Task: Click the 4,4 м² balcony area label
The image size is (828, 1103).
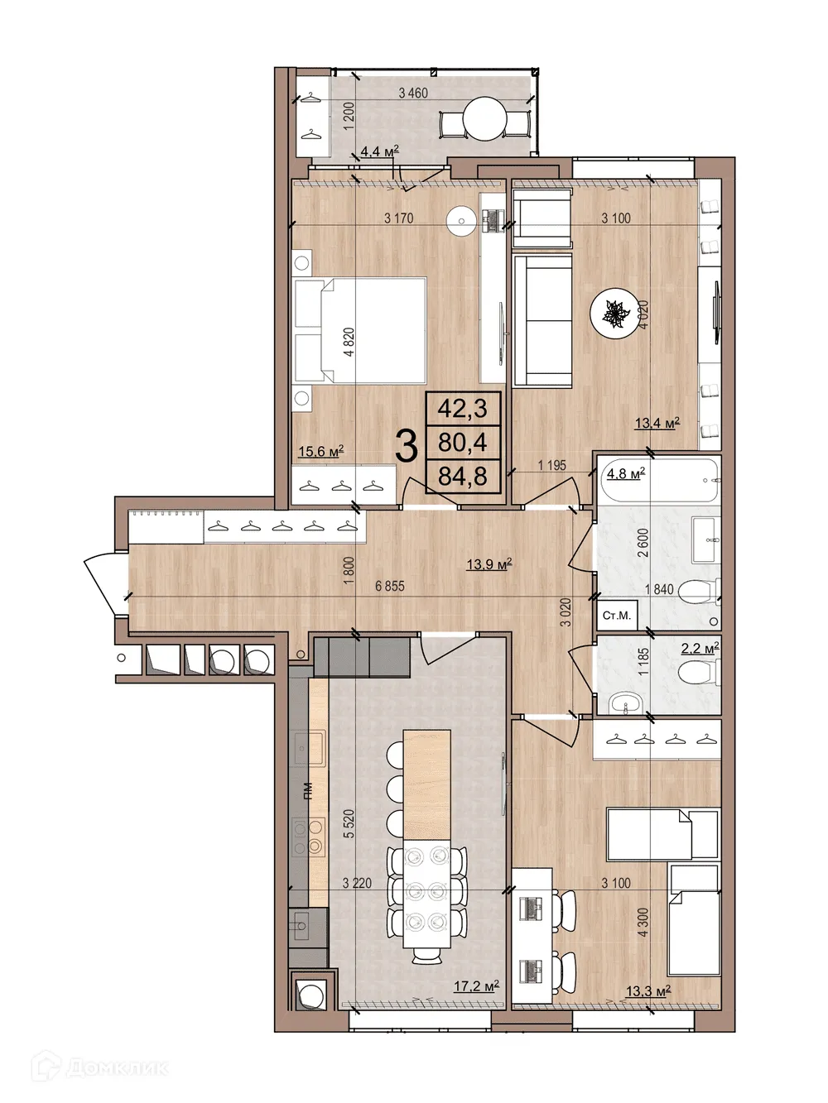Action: click(x=379, y=151)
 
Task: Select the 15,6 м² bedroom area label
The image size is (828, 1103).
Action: click(x=320, y=452)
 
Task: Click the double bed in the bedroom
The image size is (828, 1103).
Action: click(x=361, y=330)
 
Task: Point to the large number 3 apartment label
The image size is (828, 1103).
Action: click(x=406, y=447)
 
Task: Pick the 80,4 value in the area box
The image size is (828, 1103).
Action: click(x=463, y=443)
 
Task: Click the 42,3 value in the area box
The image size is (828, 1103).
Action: click(x=463, y=408)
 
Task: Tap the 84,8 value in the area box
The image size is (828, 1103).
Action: click(x=463, y=477)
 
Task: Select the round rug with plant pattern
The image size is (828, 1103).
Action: click(x=616, y=315)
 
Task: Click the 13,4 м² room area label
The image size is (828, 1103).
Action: click(x=657, y=424)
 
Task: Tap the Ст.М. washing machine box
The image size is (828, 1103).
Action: click(x=617, y=616)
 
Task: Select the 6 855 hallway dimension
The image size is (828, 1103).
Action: click(x=389, y=586)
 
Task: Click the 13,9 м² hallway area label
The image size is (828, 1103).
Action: click(x=489, y=565)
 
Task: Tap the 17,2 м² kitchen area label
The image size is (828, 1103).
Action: click(x=476, y=986)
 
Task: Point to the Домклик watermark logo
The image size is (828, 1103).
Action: click(x=99, y=1067)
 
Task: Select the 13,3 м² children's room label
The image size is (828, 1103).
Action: click(x=647, y=990)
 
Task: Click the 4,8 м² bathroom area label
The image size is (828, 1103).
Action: click(x=625, y=474)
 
